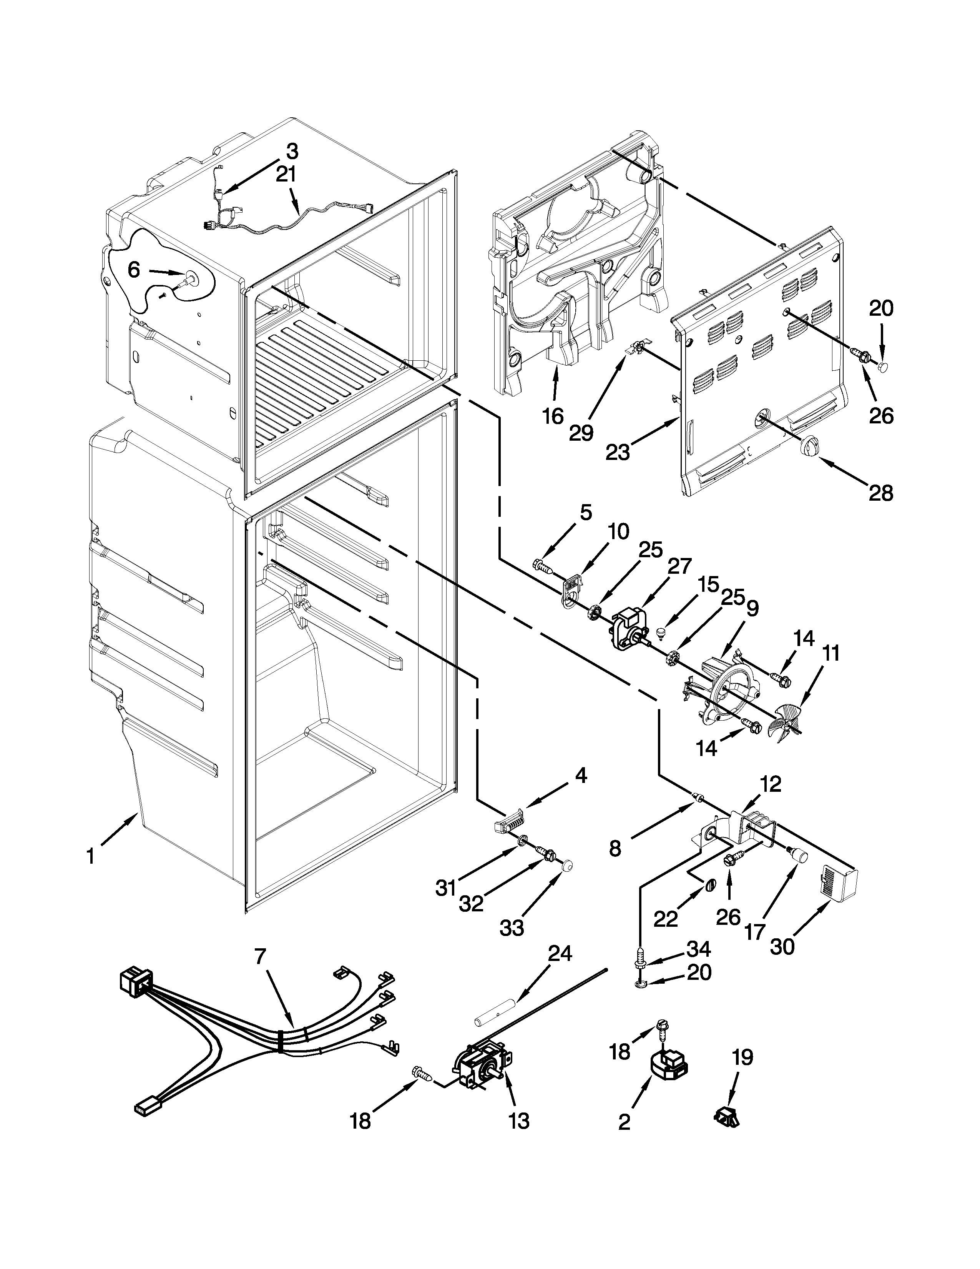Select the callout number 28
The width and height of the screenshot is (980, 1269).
tap(881, 493)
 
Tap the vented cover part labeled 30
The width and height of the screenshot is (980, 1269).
tap(838, 884)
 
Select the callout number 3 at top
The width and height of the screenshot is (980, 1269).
tap(292, 152)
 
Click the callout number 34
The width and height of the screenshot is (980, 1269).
tap(698, 949)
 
